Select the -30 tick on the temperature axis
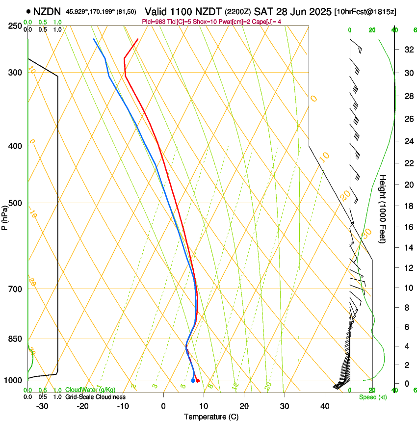coord(42,406)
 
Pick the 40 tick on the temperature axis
coord(324,406)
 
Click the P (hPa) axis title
coord(4,217)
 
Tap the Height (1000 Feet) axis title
coord(383,209)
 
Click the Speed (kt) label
coord(372,397)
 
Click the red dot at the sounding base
coord(197,380)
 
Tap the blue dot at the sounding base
coord(193,380)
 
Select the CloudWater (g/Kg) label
coord(90,390)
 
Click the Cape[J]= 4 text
coord(266,22)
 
